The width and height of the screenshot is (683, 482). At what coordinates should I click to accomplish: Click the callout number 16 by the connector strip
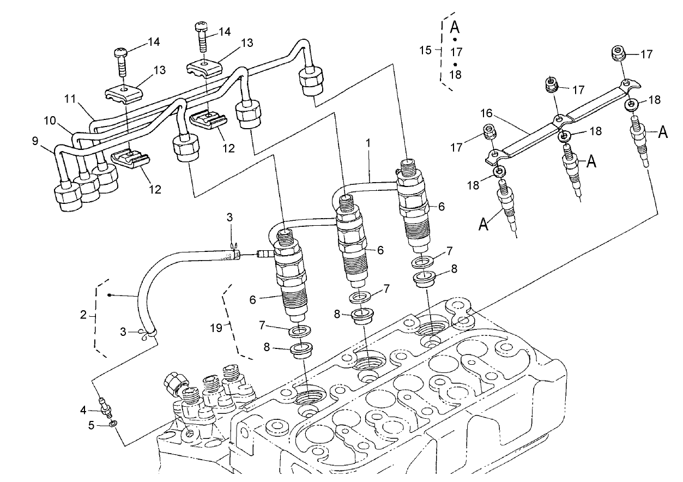click(x=487, y=113)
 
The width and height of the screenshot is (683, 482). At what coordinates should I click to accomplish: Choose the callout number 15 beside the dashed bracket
click(x=426, y=50)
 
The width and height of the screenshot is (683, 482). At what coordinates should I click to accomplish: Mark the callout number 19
click(x=217, y=327)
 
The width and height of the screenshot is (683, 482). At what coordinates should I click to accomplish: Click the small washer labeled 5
click(x=112, y=424)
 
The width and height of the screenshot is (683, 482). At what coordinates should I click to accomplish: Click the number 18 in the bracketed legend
click(x=456, y=75)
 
